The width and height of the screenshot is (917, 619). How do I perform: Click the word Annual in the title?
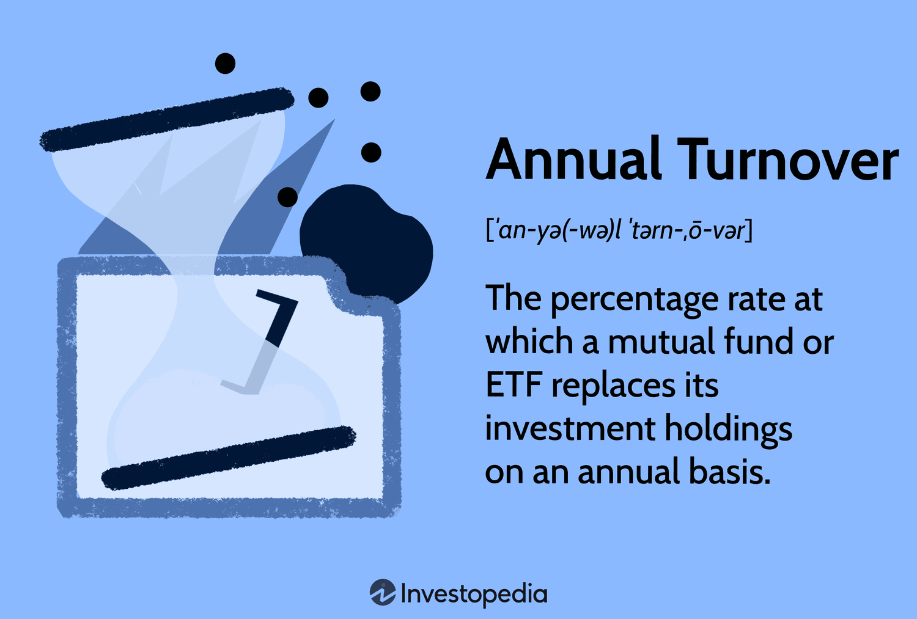pos(573,159)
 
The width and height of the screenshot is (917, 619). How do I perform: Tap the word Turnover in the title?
pos(788,159)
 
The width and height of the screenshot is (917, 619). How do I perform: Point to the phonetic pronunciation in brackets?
pos(619,231)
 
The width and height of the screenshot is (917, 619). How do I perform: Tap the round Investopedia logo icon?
pos(382,592)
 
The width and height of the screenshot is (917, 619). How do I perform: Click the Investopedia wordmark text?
pos(474,594)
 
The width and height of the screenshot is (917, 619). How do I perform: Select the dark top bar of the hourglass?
pos(167,120)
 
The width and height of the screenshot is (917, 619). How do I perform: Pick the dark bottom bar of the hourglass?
pos(229,458)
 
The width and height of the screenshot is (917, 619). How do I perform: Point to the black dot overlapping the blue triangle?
pos(287,197)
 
